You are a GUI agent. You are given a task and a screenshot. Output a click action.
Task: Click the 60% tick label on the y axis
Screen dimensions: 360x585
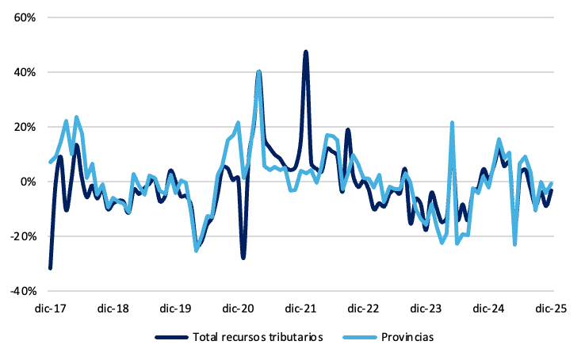pos(15,17)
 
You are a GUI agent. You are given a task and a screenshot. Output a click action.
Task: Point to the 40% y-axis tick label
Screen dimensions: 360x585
pos(15,72)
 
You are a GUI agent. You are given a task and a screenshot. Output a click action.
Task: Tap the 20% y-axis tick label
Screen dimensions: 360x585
pos(15,127)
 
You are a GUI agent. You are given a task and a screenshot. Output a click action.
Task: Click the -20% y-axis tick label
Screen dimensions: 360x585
pos(13,236)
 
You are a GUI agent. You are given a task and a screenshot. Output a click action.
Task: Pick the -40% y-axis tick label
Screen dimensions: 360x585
pos(13,291)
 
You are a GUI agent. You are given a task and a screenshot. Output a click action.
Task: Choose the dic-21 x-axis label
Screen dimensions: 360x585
pos(300,308)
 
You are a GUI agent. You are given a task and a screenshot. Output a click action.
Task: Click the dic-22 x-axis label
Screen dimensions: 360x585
pos(363,308)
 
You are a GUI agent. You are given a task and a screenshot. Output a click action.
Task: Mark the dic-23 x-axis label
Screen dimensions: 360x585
pos(426,308)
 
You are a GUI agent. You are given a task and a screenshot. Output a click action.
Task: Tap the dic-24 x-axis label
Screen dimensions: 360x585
pos(488,308)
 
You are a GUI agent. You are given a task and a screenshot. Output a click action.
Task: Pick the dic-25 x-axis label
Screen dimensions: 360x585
pos(551,308)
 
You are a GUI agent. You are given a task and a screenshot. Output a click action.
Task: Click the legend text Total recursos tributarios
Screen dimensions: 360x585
pos(258,337)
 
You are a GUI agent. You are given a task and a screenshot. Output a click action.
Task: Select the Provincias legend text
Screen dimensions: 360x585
pos(408,337)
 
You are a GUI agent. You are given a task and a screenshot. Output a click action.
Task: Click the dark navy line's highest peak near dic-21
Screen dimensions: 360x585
pos(305,52)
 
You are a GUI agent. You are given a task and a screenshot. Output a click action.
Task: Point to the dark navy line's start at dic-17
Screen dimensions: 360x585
pos(50,268)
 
